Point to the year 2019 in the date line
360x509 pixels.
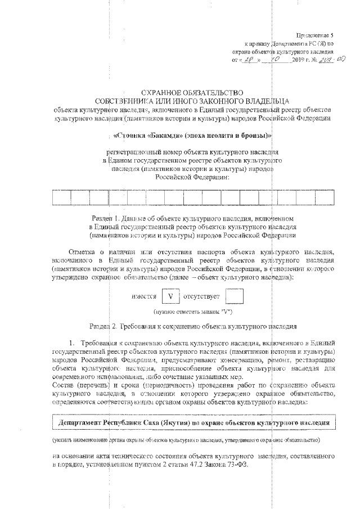(301, 59)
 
